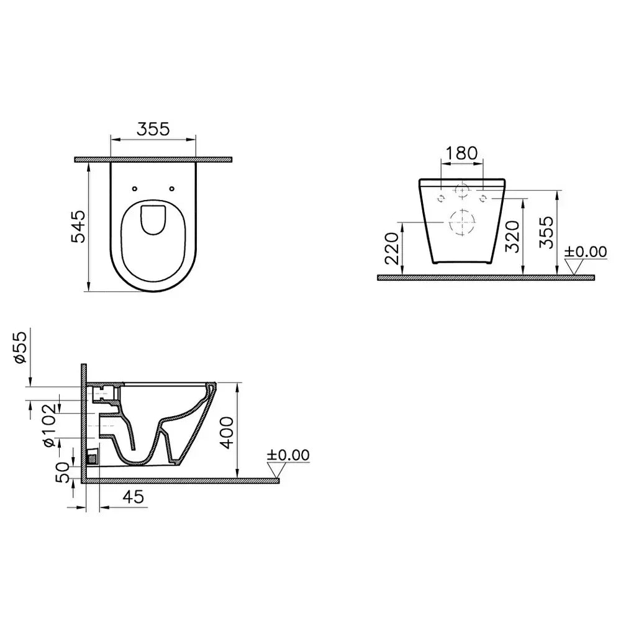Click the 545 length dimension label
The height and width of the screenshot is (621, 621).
pyautogui.click(x=78, y=226)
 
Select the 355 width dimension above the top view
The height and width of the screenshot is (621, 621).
pyautogui.click(x=153, y=129)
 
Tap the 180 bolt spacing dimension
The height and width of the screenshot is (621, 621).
pyautogui.click(x=462, y=153)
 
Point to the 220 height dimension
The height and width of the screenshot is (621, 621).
pyautogui.click(x=392, y=248)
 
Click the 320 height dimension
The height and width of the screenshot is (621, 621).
pyautogui.click(x=512, y=237)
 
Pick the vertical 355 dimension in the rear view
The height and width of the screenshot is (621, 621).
pyautogui.click(x=546, y=232)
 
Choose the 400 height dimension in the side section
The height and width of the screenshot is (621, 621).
pyautogui.click(x=227, y=432)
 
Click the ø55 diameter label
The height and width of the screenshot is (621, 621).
pyautogui.click(x=20, y=347)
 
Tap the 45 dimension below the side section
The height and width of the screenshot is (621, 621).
pyautogui.click(x=134, y=497)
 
